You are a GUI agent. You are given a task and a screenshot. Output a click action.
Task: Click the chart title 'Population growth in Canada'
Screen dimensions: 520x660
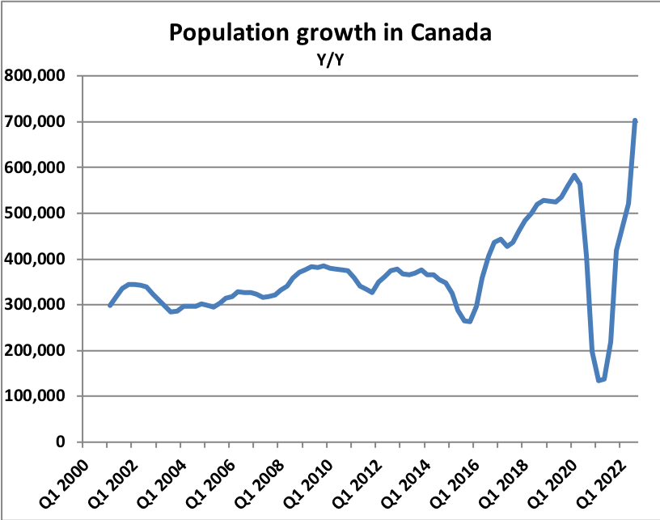click(x=330, y=33)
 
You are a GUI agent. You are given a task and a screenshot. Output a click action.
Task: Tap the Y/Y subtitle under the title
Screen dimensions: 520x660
click(x=329, y=58)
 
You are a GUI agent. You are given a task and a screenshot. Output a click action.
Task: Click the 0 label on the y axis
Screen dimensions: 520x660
click(x=60, y=442)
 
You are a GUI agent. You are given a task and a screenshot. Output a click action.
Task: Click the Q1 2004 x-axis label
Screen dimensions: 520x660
click(x=155, y=480)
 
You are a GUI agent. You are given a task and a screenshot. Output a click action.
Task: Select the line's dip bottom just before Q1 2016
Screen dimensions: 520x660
click(x=468, y=322)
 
